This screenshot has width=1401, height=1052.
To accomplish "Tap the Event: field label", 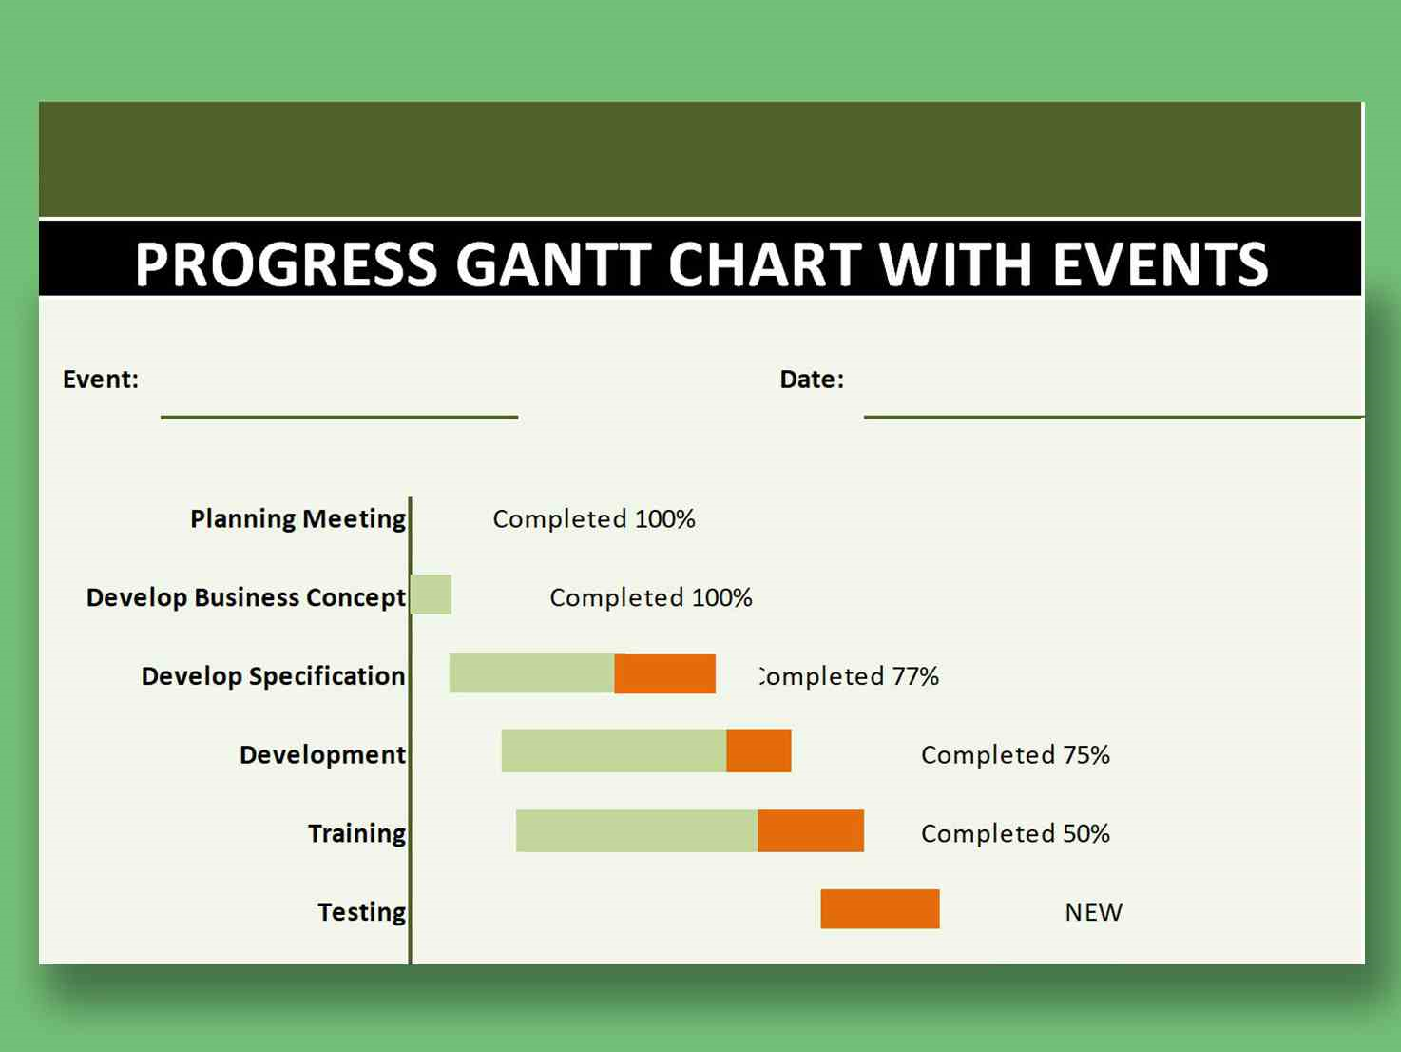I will point(101,380).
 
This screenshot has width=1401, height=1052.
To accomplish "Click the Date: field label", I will point(812,380).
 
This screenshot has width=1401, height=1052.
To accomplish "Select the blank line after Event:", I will point(338,416).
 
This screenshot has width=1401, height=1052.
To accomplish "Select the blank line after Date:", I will point(1112,416).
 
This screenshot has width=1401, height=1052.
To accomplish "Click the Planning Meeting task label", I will point(297,519).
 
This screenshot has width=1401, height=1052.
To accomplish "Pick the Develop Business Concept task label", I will point(245,597).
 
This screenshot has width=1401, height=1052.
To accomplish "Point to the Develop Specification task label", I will point(273,676).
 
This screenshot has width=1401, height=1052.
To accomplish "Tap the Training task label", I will point(356,833).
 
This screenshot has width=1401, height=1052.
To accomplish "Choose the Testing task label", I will point(361,912).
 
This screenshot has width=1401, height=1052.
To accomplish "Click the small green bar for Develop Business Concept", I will point(432,594).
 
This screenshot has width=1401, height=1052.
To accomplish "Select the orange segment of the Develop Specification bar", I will point(664,673).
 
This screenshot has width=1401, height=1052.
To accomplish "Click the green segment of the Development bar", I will point(613,750).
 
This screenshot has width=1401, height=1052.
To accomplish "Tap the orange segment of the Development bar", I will point(758,750).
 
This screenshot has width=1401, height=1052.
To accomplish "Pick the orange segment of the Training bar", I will point(811,830).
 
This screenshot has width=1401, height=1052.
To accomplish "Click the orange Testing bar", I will point(880,908).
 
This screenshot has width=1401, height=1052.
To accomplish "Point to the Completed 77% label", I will point(848,676).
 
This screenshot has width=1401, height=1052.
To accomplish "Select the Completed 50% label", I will point(1015,833).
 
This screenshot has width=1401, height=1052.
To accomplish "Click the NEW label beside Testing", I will point(1093,912).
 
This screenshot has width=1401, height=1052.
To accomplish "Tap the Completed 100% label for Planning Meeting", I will point(593,519).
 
